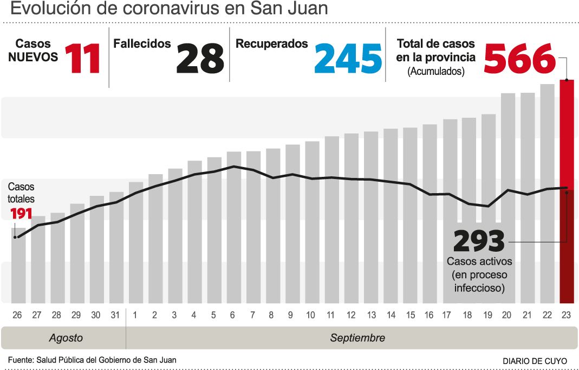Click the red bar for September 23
[567, 190]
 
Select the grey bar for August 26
[18, 266]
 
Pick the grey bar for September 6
[233, 228]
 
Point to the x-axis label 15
[410, 315]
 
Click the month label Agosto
[66, 338]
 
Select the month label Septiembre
[357, 338]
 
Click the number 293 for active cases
[479, 241]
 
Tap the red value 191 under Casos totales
[21, 213]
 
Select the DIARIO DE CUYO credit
[535, 361]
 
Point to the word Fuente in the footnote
[19, 360]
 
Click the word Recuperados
[271, 44]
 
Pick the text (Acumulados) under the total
[436, 71]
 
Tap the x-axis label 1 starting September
[135, 315]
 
